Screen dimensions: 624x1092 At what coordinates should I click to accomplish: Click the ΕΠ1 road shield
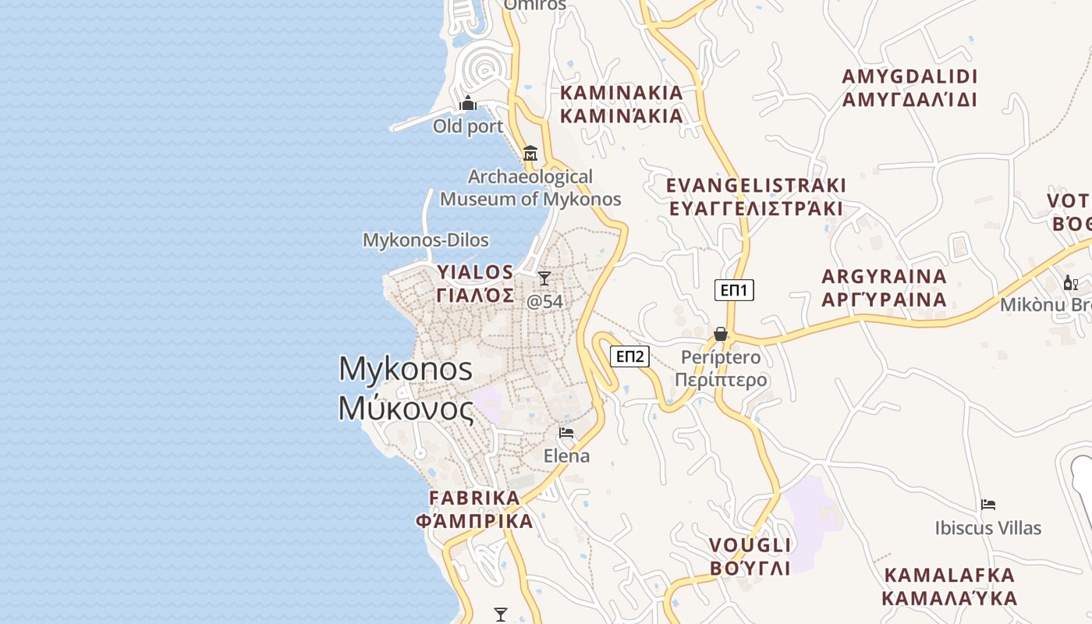pos(734,291)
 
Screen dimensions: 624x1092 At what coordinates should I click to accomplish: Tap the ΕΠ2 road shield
pos(629,356)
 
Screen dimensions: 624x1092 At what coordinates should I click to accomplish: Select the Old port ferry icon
pos(468,103)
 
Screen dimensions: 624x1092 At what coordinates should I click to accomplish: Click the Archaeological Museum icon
pos(531,153)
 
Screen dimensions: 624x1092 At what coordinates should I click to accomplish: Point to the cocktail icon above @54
pos(544,278)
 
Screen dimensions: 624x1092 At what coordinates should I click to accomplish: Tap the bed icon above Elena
pos(566,432)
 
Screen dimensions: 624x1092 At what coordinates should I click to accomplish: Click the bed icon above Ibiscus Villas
pos(988,505)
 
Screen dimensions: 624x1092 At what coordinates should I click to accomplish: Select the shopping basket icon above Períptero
pos(721,334)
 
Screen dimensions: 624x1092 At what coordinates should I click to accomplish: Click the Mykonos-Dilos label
pos(426,240)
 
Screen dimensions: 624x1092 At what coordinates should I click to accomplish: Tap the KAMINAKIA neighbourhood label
pos(622,93)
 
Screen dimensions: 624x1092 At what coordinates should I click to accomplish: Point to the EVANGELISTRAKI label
pos(756,186)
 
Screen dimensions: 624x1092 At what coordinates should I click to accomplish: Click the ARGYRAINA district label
pos(885,277)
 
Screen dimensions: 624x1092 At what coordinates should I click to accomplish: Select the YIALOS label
pos(476,272)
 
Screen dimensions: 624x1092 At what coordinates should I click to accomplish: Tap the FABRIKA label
pos(474,498)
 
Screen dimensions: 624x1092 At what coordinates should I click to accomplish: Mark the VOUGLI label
pos(750,544)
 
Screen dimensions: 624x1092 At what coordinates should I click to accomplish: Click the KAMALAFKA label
pos(949,576)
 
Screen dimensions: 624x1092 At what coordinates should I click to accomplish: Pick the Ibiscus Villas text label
pos(988,528)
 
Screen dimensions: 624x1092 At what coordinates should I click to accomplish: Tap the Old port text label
pos(468,126)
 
